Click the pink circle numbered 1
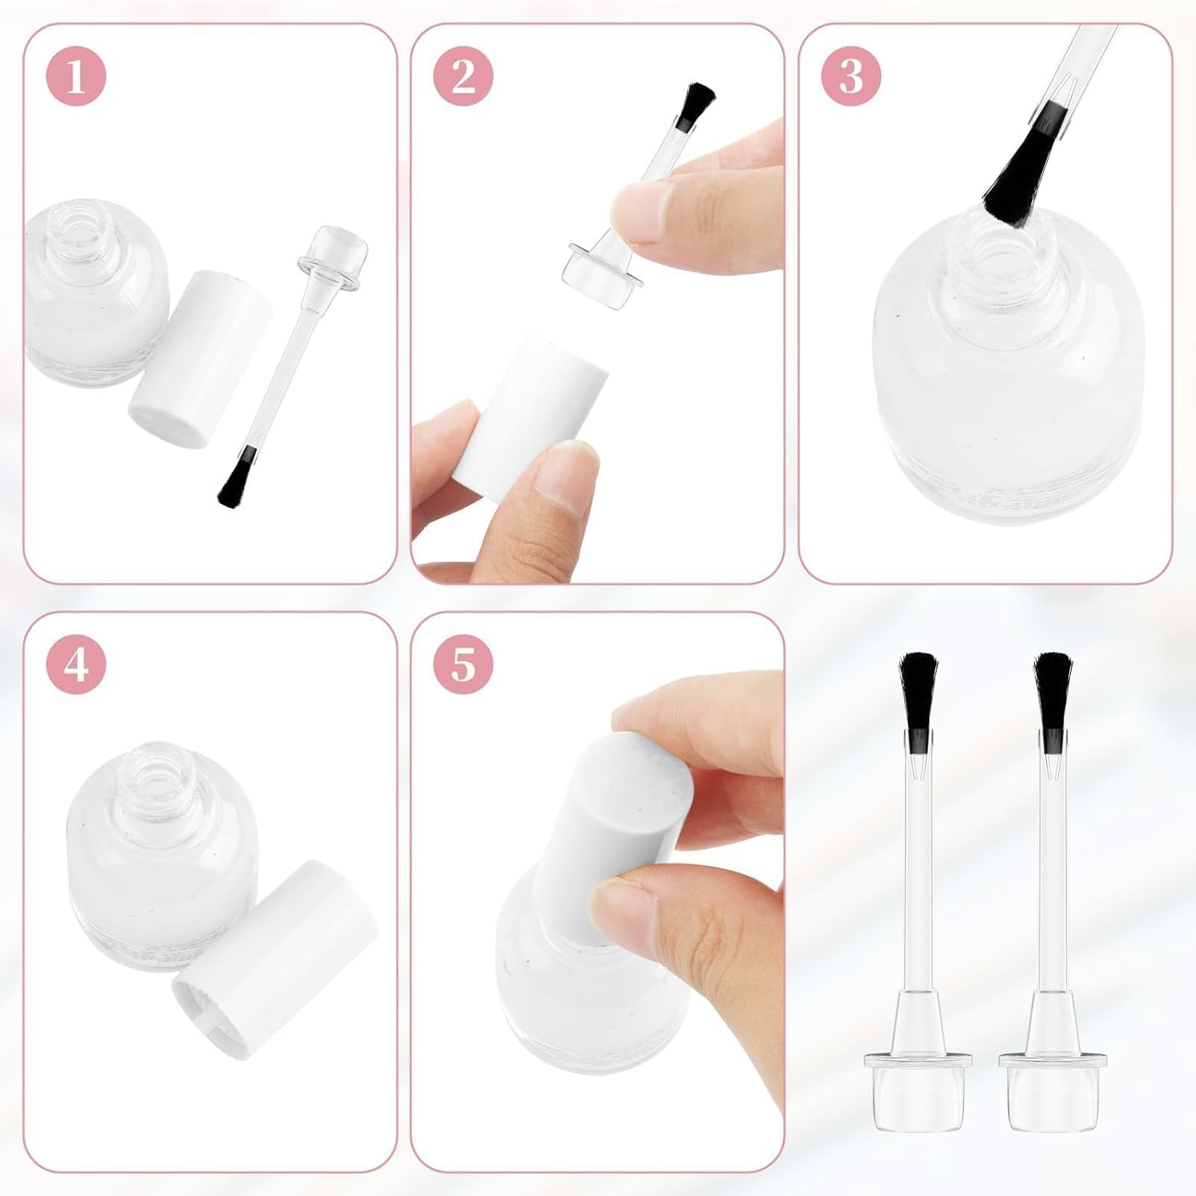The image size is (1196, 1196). pyautogui.click(x=76, y=76)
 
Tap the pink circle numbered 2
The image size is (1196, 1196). pyautogui.click(x=463, y=76)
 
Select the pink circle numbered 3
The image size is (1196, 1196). pyautogui.click(x=852, y=76)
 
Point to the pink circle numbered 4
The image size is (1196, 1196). pyautogui.click(x=76, y=663)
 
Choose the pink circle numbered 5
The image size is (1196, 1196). pyautogui.click(x=463, y=663)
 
